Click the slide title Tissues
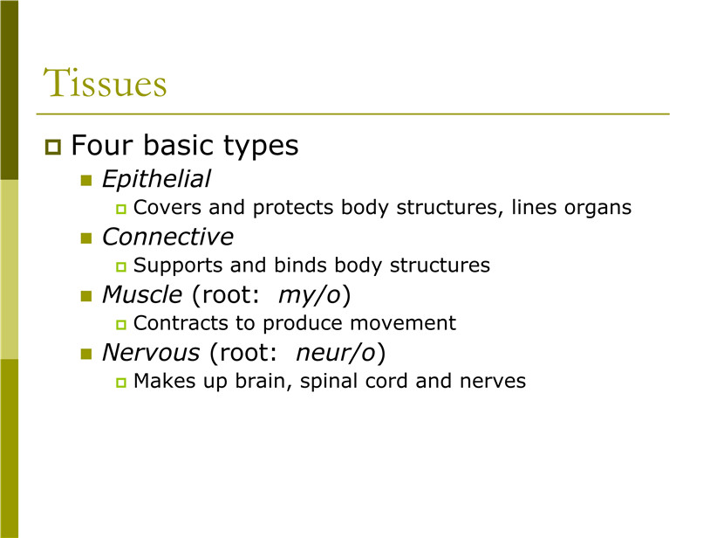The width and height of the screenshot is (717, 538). pos(106,82)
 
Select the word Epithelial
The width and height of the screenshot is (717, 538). pos(156,178)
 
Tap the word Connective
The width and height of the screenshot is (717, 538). pos(167,237)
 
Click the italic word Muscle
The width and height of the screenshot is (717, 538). pos(142,294)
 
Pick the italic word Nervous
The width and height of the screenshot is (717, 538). pos(151,353)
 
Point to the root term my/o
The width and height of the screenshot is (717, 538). pos(310,295)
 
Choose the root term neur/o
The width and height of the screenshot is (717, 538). pos(336,353)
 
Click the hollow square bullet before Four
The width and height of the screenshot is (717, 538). pos(53,147)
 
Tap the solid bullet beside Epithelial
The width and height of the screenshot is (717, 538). pos(86,181)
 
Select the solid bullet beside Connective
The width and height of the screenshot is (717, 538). pos(86,238)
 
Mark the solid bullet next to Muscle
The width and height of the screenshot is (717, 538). pos(86,296)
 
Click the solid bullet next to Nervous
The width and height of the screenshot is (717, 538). pos(86,354)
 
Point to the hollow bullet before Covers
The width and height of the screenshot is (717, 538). pos(120,210)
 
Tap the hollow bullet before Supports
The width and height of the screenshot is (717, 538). pos(120,267)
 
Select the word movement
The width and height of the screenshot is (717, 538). pos(403,323)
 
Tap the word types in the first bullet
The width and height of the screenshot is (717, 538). pos(261,147)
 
